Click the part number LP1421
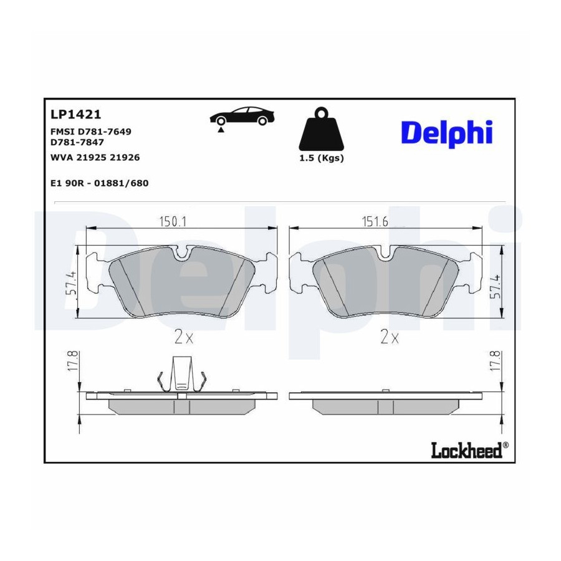coord(76,115)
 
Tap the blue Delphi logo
coord(447,133)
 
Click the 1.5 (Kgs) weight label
coord(322,158)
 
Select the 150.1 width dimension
coord(173,222)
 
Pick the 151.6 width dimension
coord(375,222)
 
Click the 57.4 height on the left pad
coord(71,283)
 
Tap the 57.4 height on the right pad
coord(495,287)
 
